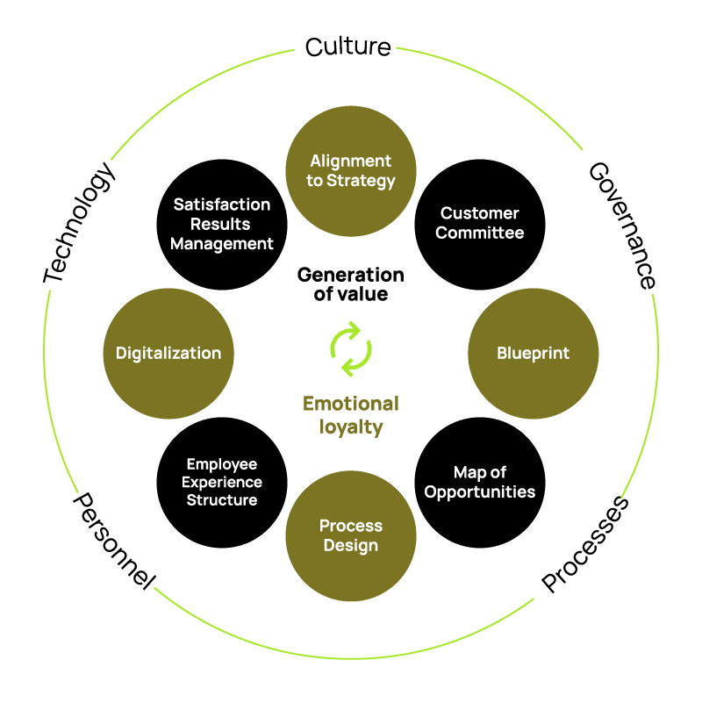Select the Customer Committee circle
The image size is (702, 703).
click(x=480, y=224)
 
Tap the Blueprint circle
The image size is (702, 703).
click(x=534, y=353)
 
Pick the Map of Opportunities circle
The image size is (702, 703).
click(x=480, y=482)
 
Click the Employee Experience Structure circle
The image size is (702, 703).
click(x=222, y=482)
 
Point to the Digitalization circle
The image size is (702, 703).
click(x=168, y=353)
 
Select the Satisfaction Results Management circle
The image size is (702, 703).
click(x=222, y=224)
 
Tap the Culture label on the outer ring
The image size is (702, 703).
click(x=348, y=47)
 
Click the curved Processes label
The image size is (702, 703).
click(x=585, y=544)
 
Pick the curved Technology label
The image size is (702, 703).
click(x=80, y=223)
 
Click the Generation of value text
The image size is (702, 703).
click(x=351, y=284)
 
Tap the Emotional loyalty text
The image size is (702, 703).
click(x=351, y=415)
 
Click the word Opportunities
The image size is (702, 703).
click(x=480, y=492)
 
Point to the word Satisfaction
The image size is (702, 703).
click(x=222, y=204)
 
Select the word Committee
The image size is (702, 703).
click(x=480, y=233)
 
